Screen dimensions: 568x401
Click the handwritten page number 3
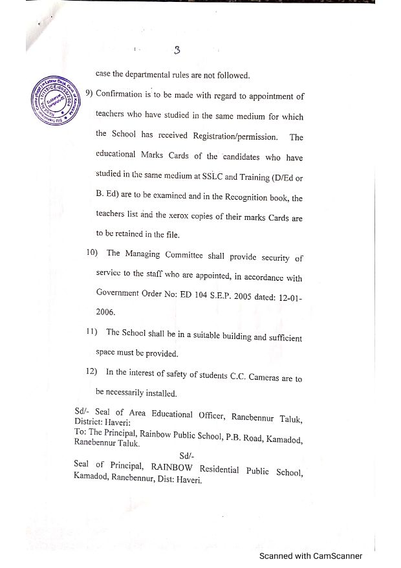click(x=178, y=50)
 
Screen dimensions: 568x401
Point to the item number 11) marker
click(x=91, y=333)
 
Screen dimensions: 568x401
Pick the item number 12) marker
click(x=91, y=372)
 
